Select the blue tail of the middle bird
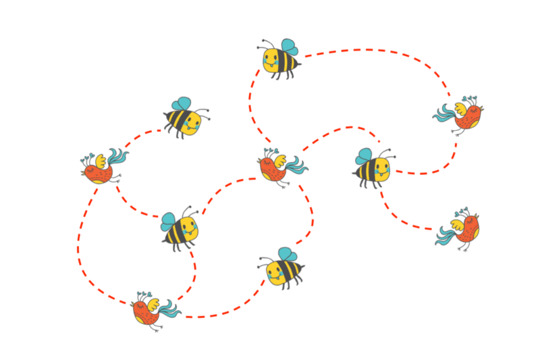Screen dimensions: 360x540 click(296, 164)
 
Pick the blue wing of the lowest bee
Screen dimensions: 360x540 click(288, 254)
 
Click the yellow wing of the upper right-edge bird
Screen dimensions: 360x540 click(462, 107)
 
